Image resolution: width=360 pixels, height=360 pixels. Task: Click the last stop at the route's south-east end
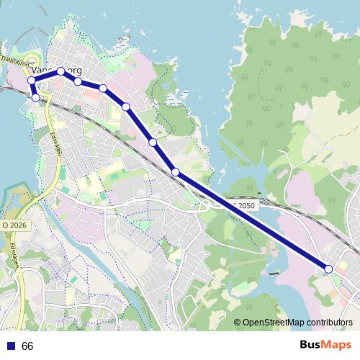329,269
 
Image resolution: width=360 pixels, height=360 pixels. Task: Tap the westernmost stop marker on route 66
32,80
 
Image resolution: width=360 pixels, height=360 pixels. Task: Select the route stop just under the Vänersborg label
61,71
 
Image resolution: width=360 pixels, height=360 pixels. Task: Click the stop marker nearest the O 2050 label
176,171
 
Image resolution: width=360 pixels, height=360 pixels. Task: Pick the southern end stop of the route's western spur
35,97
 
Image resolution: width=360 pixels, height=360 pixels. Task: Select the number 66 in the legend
28,346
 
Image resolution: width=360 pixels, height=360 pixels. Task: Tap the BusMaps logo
325,345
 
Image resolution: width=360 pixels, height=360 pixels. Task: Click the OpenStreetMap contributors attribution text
297,323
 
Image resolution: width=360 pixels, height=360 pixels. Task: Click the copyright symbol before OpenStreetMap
238,323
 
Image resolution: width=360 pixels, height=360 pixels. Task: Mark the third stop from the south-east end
153,143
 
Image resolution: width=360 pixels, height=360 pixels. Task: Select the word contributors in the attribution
328,323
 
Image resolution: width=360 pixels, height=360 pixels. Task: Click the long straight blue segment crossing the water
252,220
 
